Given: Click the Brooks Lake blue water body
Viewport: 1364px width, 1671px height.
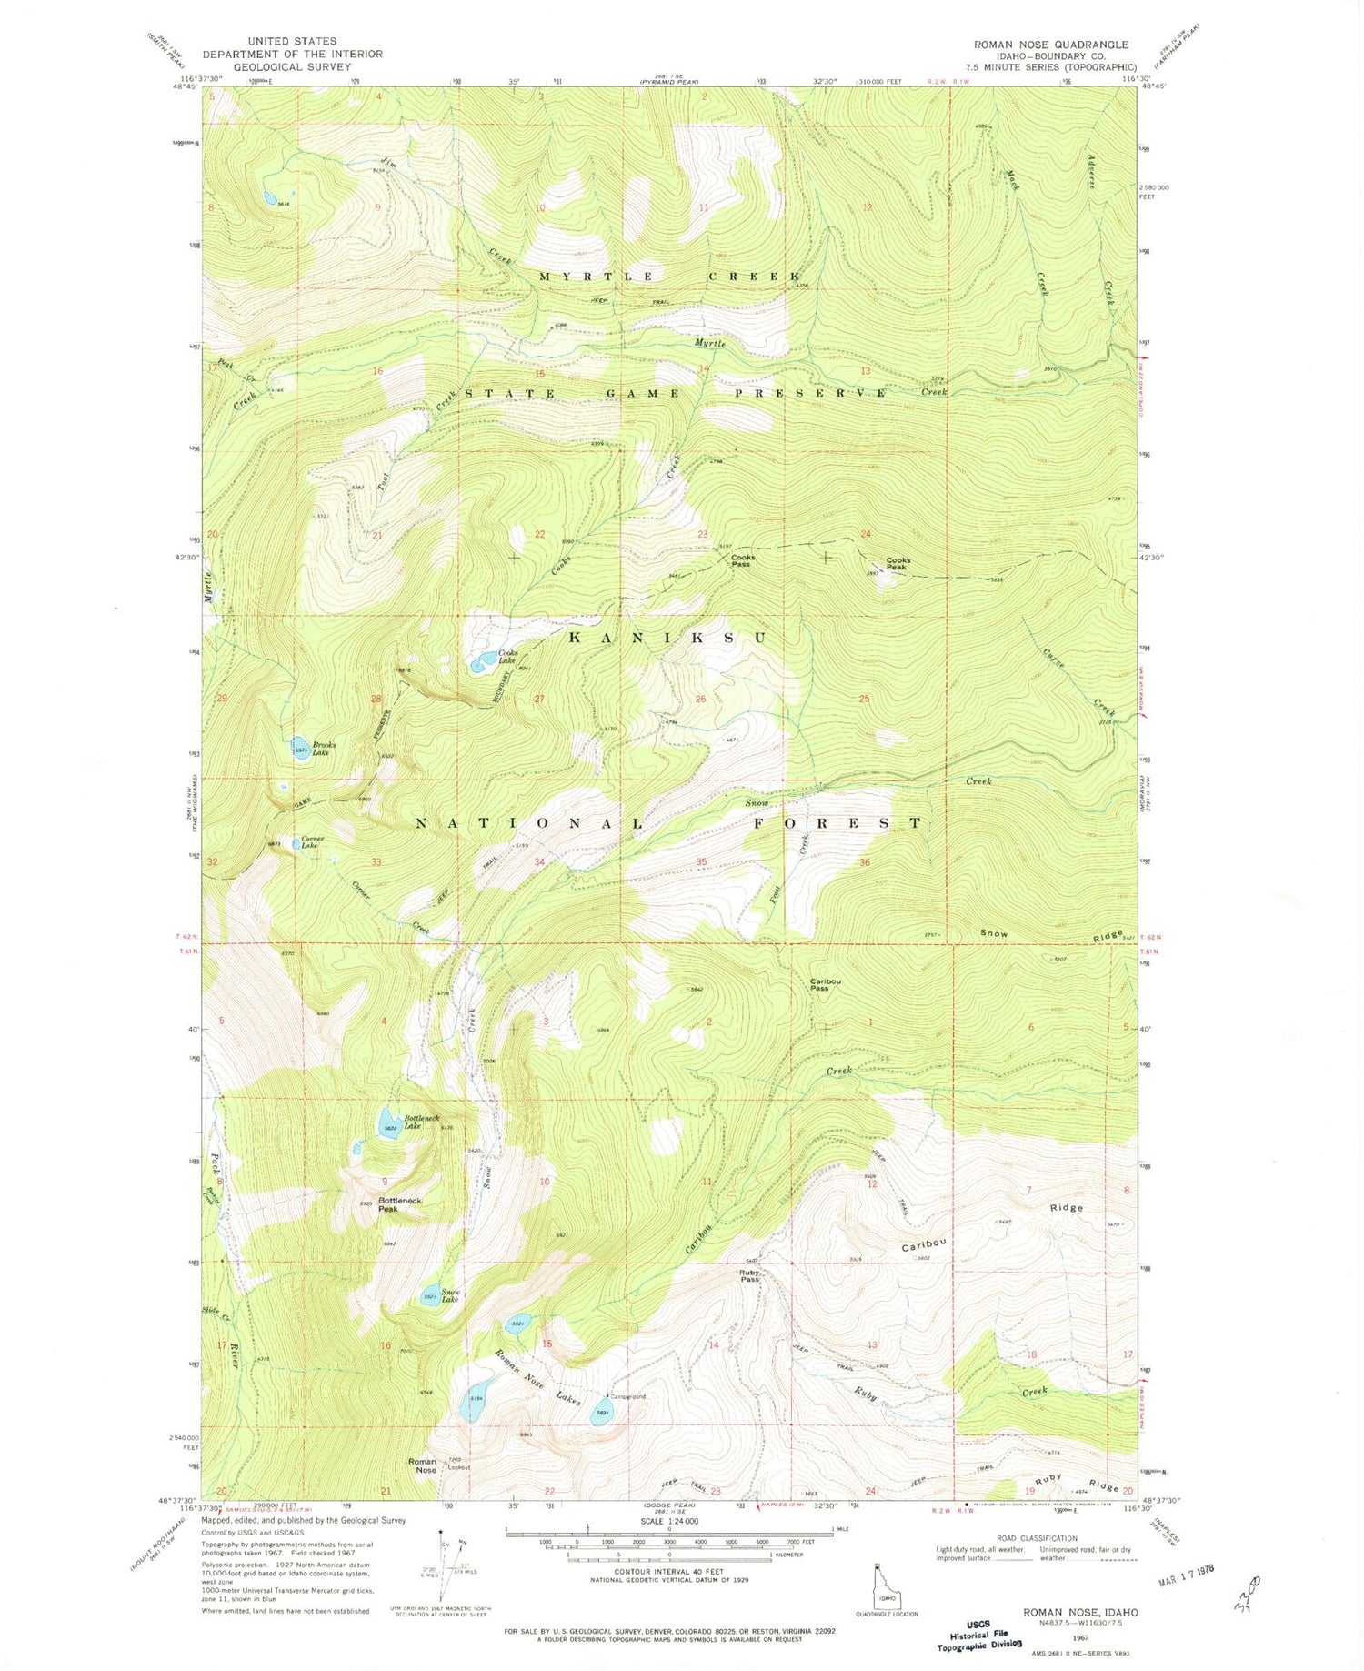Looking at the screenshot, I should tap(299, 749).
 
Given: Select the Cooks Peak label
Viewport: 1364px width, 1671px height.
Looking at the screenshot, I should tap(898, 563).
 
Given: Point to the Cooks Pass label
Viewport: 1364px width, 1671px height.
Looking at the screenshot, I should tap(742, 560).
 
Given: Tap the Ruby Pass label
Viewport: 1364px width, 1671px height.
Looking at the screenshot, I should tap(749, 1276).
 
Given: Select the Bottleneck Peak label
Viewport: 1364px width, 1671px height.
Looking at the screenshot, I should tap(400, 1204).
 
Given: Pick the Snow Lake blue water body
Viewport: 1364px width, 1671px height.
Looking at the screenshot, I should tap(430, 1295).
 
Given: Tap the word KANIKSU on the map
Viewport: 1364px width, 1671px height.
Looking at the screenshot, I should tap(667, 638).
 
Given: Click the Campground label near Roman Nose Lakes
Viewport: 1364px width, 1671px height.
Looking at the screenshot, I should tap(627, 1396).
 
